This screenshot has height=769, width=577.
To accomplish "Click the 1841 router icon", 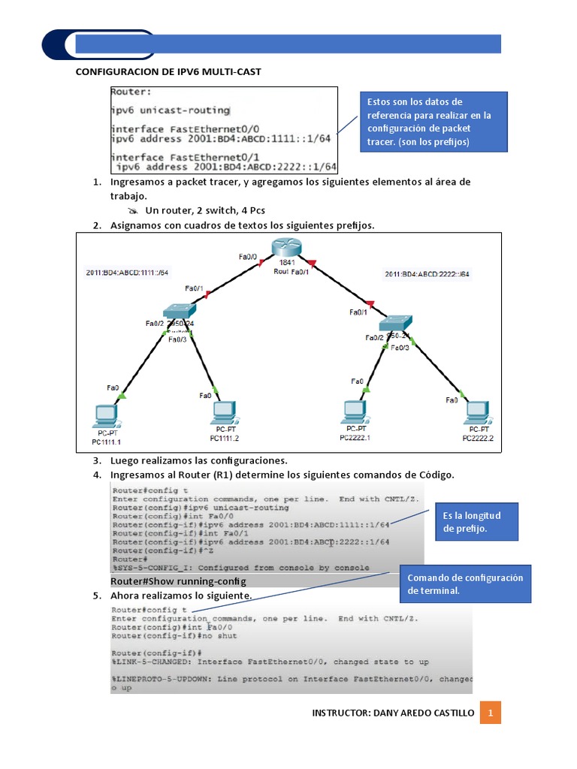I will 286,249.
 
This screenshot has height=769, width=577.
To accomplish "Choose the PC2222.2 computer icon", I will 476,413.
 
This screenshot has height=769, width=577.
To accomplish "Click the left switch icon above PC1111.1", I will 179,312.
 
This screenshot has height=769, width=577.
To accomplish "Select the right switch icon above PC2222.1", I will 395,323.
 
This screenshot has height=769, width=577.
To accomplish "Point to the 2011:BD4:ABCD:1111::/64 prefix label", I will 127,273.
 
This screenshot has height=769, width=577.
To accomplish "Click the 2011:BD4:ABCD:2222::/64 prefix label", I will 427,274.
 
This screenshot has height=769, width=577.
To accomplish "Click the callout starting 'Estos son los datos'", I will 434,121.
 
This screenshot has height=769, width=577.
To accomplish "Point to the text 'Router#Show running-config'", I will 178,581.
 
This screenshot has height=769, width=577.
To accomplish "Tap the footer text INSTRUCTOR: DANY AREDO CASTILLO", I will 393,713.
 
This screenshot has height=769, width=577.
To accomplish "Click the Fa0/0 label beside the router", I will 248,257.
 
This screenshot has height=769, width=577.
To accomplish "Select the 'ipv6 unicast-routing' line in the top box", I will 171,110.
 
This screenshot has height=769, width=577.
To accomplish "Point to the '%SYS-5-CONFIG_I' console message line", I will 240,567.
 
